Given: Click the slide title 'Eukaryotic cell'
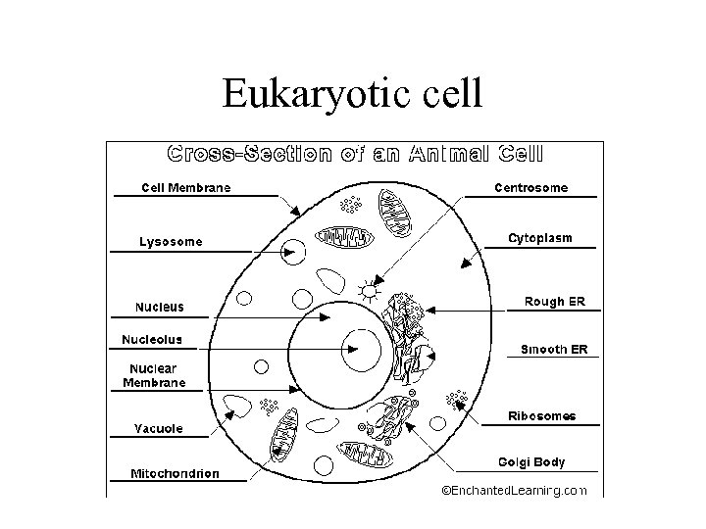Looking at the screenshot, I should [352, 94].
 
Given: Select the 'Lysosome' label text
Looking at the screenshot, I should [171, 241].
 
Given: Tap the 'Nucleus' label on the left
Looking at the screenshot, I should [159, 307].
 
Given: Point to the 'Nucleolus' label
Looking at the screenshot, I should [151, 340].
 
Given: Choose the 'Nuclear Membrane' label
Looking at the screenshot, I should [154, 375].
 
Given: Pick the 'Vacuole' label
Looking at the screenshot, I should [158, 428].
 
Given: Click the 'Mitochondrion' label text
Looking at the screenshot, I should [175, 473].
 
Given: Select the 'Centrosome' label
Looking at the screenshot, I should [529, 187].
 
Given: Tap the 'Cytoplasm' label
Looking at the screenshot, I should [539, 238].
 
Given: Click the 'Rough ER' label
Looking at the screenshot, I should [554, 302].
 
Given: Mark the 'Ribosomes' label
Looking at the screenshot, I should [541, 415].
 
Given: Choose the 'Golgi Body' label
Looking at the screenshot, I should [531, 461].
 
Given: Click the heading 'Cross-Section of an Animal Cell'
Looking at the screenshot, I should [356, 154].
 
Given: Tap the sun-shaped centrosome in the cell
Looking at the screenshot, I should [369, 290].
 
